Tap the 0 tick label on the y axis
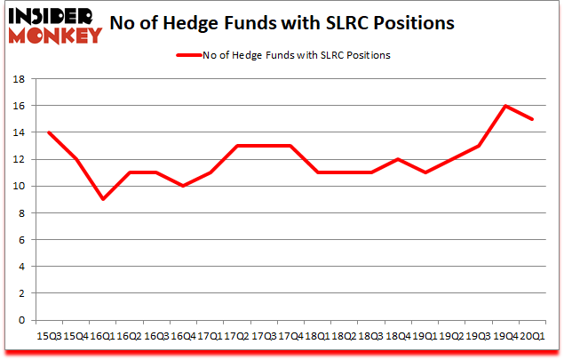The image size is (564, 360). coord(22,320)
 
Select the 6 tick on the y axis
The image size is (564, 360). coord(22,240)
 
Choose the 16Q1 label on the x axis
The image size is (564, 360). coord(102,338)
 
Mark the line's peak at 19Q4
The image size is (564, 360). coord(506,106)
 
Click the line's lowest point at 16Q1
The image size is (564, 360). coord(103,199)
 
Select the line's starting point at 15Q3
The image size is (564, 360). coord(48,132)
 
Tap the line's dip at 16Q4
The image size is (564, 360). coord(184,186)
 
